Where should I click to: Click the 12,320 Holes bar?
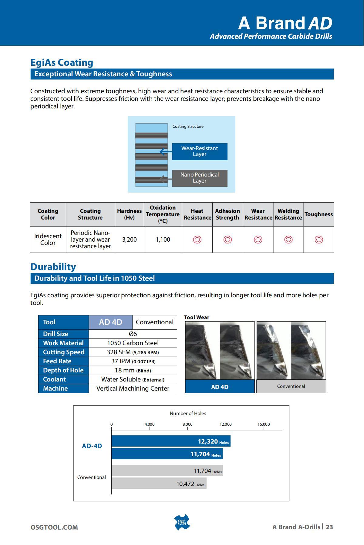click(x=171, y=441)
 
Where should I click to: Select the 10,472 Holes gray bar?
click(x=159, y=484)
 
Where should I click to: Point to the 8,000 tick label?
click(x=187, y=424)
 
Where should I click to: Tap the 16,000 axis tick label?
click(x=264, y=424)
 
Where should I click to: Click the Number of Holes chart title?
click(x=188, y=413)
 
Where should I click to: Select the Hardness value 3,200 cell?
click(x=130, y=239)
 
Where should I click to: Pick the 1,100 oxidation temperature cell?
click(x=163, y=239)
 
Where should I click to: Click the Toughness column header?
click(x=318, y=214)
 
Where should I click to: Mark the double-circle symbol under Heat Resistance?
click(x=197, y=240)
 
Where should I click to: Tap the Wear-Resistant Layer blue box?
click(x=200, y=151)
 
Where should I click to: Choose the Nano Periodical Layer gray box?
click(x=200, y=178)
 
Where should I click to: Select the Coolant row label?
click(x=54, y=379)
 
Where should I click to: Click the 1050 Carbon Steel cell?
click(x=133, y=343)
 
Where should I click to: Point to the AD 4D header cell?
click(x=110, y=322)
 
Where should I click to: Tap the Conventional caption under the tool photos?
click(x=291, y=386)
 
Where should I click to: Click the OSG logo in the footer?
click(x=182, y=522)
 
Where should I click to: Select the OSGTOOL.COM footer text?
click(x=54, y=527)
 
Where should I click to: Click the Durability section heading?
click(x=53, y=267)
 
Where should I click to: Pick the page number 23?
click(x=329, y=527)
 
